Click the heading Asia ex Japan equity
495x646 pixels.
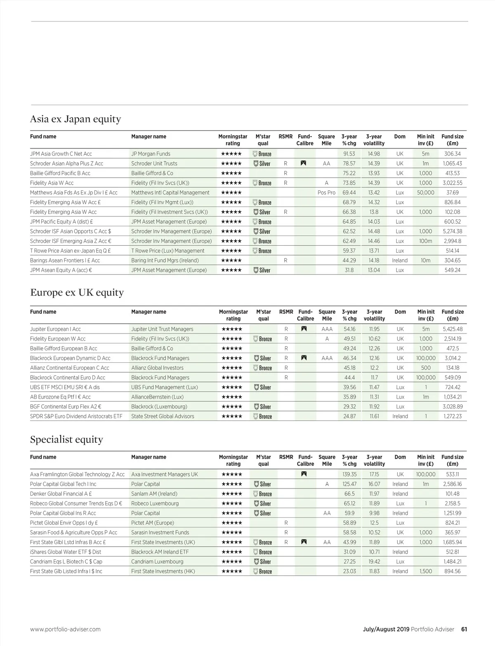(75, 119)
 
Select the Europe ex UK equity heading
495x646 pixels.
(77, 292)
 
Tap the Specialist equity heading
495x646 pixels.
(66, 439)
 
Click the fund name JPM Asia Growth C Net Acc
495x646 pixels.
(61, 154)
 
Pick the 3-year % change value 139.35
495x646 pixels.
(349, 475)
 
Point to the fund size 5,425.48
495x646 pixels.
(453, 329)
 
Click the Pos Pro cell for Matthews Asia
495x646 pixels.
(326, 193)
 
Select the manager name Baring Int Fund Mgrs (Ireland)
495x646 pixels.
(165, 261)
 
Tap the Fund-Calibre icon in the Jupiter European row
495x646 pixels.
(304, 329)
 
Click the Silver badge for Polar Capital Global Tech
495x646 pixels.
(262, 484)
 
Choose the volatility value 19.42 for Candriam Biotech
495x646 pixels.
(374, 561)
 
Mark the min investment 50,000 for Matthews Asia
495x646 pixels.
(425, 193)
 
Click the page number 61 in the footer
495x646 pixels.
(464, 629)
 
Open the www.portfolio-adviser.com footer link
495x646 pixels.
(65, 629)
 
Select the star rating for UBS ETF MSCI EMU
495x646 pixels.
(232, 388)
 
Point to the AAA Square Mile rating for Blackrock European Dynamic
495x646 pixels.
(327, 358)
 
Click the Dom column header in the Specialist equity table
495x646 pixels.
(400, 457)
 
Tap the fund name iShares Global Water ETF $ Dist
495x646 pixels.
(66, 552)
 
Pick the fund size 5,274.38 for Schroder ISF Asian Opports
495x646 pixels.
(453, 231)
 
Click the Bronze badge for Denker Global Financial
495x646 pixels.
(262, 494)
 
